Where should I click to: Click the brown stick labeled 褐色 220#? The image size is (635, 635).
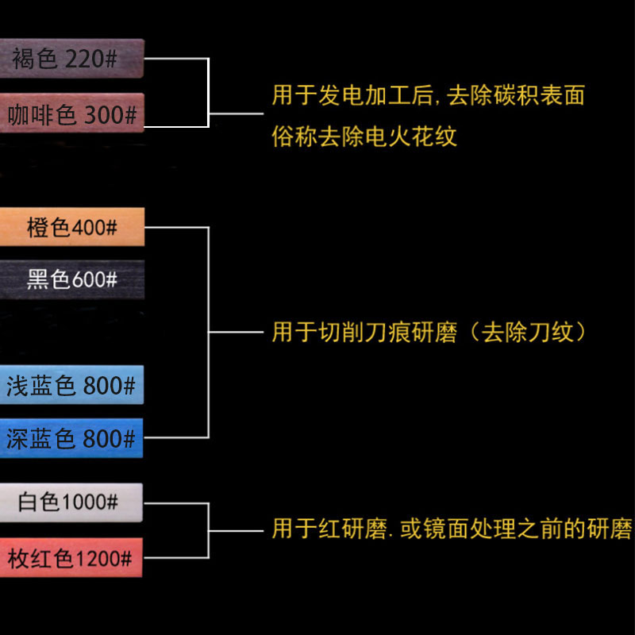click(x=71, y=59)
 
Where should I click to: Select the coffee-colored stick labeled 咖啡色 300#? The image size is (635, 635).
click(x=71, y=114)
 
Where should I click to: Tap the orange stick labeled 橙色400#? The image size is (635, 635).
click(x=71, y=228)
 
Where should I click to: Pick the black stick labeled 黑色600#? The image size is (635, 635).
click(x=71, y=279)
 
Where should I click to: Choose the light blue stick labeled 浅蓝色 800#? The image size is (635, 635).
click(x=71, y=386)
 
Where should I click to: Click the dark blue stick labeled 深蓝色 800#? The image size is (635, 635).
click(x=71, y=438)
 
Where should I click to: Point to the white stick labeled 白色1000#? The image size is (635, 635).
click(x=71, y=502)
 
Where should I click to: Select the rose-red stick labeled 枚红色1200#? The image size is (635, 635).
click(x=71, y=558)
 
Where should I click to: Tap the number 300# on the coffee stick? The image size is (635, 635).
click(x=110, y=115)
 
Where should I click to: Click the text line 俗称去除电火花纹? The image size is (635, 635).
click(x=364, y=137)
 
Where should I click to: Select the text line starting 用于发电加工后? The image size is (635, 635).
click(x=428, y=96)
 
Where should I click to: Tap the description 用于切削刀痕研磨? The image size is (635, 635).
click(x=364, y=332)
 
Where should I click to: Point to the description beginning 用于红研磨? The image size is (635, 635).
click(x=452, y=529)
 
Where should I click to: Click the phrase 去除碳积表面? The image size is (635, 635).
click(x=516, y=96)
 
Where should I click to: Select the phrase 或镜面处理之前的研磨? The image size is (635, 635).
click(x=516, y=529)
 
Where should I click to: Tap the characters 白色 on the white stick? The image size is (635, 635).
click(x=39, y=502)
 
